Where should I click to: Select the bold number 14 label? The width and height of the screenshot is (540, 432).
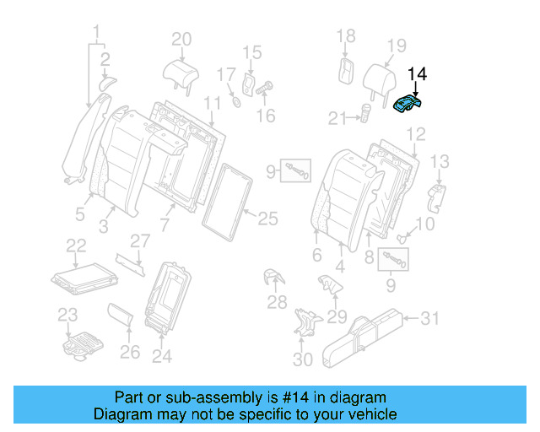[417, 75]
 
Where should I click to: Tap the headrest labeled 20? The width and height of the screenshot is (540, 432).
[181, 71]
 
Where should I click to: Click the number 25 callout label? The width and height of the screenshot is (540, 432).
[267, 219]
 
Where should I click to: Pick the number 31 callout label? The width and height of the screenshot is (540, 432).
[430, 318]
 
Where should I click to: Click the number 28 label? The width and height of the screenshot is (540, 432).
[277, 302]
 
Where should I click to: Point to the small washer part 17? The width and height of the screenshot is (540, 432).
[236, 102]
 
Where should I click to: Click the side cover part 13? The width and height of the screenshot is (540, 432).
[438, 196]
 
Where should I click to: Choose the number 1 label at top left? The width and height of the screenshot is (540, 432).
[97, 35]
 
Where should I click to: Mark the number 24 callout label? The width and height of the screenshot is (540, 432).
[160, 357]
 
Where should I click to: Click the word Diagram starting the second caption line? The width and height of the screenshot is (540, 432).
[121, 414]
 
